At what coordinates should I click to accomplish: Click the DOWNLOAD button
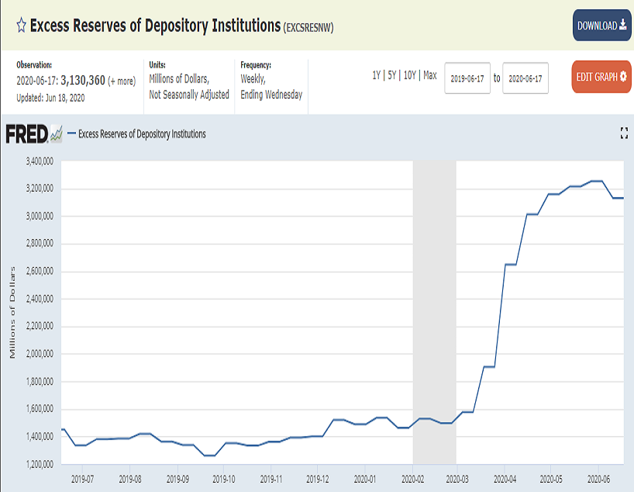tap(601, 26)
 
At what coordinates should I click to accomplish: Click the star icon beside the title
tap(21, 26)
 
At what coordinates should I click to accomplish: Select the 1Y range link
tap(377, 75)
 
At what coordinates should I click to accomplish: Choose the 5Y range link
tap(392, 75)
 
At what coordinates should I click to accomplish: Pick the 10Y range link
tap(411, 75)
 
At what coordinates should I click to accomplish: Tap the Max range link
tap(430, 75)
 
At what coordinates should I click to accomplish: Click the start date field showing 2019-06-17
tap(467, 78)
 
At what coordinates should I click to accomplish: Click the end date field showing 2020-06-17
tap(525, 78)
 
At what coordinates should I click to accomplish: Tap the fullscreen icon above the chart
tap(625, 133)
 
